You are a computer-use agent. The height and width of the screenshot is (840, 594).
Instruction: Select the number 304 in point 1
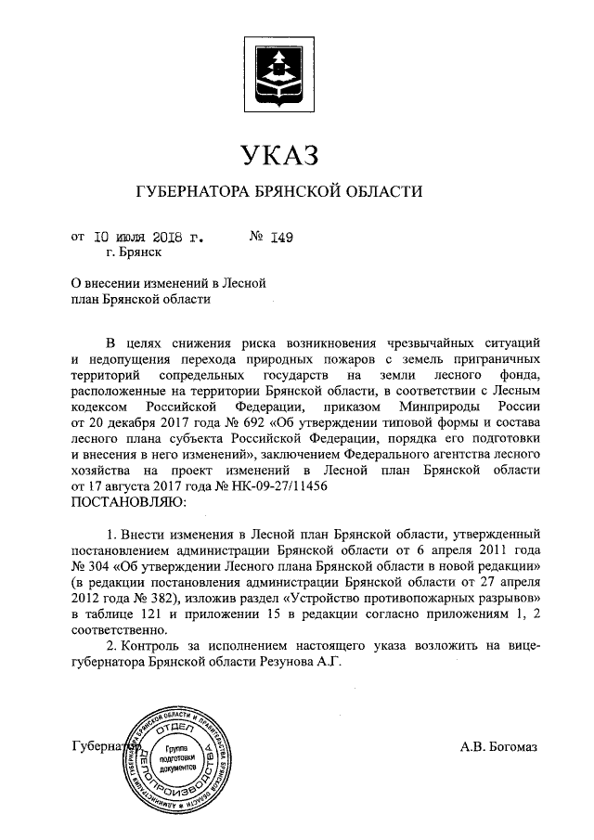click(x=102, y=566)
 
